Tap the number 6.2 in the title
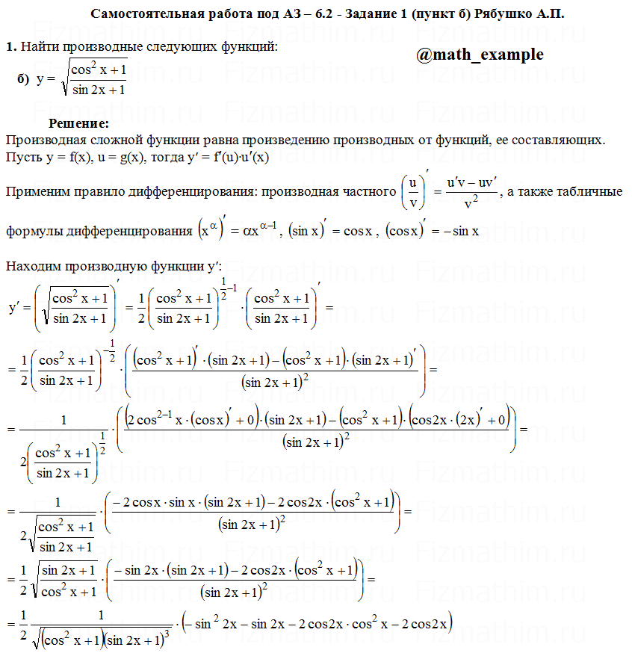(x=309, y=14)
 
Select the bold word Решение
(x=78, y=123)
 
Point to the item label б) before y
(x=22, y=78)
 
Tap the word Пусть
(x=22, y=158)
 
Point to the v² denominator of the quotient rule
(x=471, y=203)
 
